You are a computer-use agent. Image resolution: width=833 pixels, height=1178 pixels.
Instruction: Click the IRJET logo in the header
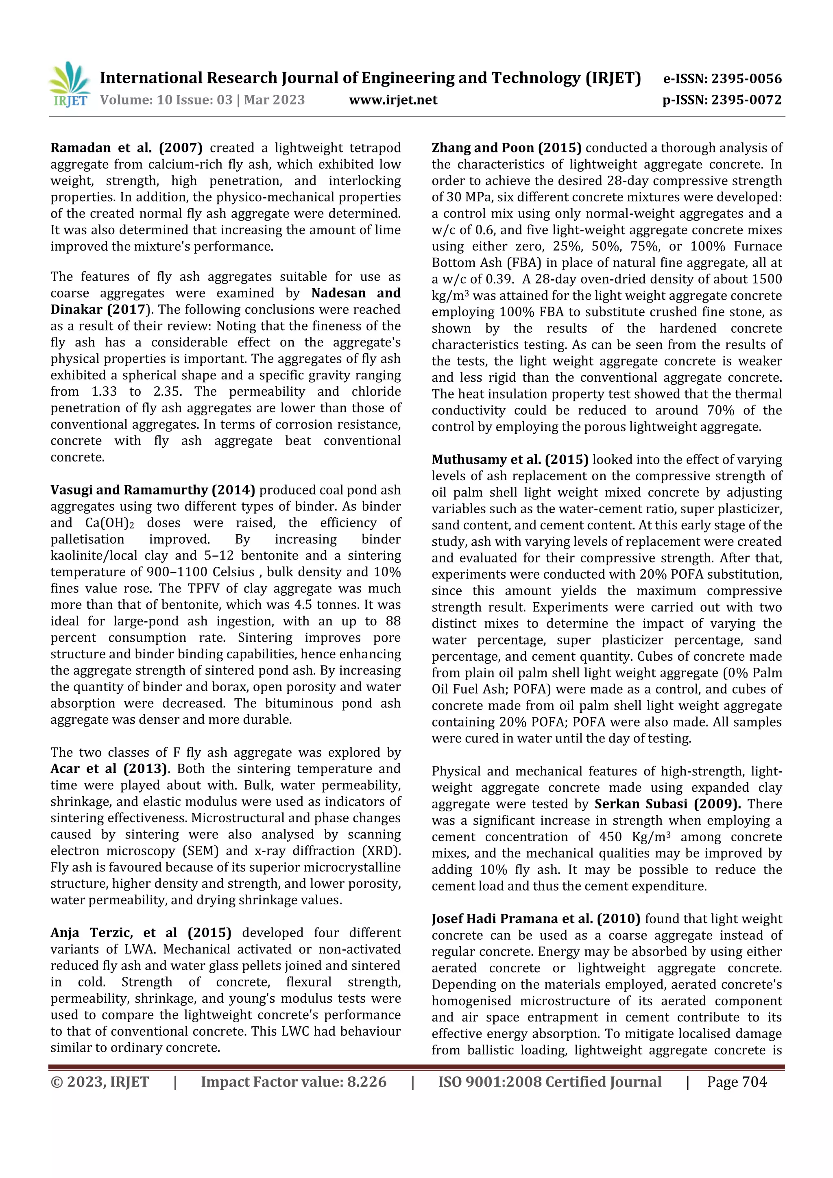click(69, 84)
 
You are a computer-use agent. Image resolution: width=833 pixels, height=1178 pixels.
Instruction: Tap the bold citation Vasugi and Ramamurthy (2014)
click(153, 490)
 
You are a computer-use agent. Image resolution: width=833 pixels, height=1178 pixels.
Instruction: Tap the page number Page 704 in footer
click(737, 1082)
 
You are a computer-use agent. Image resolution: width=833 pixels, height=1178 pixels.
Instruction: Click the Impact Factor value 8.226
click(366, 1082)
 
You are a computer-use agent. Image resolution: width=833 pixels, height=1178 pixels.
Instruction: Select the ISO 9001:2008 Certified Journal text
click(549, 1082)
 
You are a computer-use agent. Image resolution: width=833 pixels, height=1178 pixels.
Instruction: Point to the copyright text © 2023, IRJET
click(100, 1082)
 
